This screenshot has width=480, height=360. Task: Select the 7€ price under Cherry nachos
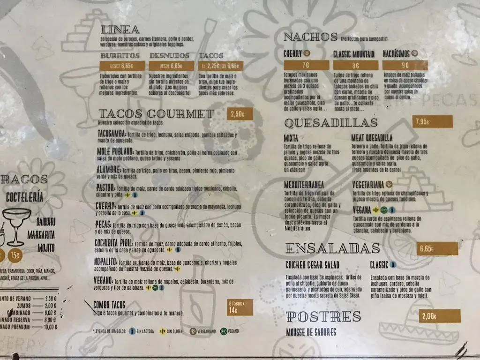tap(306, 65)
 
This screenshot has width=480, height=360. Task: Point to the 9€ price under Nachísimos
tap(405, 66)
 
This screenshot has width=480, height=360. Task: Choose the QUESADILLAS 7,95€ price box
tap(434, 122)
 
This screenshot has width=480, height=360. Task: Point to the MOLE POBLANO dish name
tap(115, 152)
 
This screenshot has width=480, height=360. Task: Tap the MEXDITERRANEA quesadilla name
tap(304, 185)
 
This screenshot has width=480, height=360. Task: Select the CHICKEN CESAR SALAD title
tap(312, 265)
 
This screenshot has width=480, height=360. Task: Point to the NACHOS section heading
tap(311, 37)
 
